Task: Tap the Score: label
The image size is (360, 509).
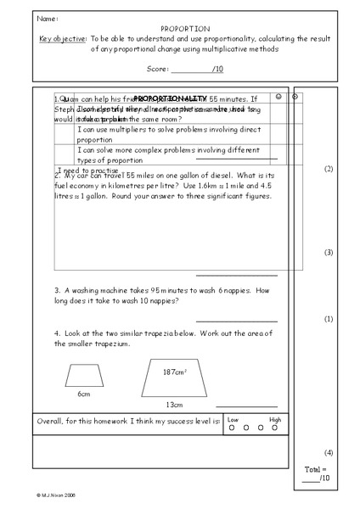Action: click(x=159, y=68)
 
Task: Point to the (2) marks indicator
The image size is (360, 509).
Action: click(x=329, y=170)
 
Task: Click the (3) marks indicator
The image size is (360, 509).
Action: click(x=329, y=253)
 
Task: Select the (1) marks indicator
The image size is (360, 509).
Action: click(x=329, y=319)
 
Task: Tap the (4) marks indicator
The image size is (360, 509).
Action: click(x=329, y=452)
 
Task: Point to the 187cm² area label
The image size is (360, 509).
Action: click(x=175, y=372)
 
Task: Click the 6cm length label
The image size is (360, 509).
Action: click(x=84, y=394)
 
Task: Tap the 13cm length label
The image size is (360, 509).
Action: click(x=174, y=405)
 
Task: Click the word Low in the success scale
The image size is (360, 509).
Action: click(x=233, y=420)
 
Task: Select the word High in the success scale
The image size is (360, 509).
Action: click(x=275, y=420)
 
